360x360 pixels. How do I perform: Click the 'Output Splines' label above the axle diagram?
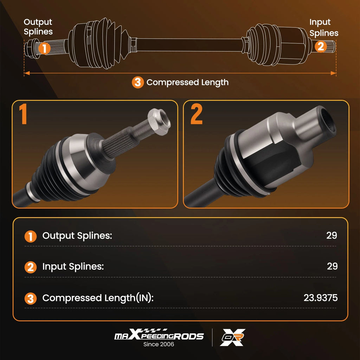38,27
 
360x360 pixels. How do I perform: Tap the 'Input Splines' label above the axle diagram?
324,28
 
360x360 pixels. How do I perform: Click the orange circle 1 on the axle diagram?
45,48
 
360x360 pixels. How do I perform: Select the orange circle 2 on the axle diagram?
321,46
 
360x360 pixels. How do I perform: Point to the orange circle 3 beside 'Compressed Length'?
138,82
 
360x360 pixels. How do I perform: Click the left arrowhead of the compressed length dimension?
27,73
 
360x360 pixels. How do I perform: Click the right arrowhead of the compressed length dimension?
333,73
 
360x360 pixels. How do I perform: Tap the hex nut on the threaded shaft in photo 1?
159,122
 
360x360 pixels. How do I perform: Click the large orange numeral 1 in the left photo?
23,114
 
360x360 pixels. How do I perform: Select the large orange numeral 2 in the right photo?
196,114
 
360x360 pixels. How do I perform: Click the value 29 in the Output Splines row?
332,235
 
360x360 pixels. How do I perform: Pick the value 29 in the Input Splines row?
332,266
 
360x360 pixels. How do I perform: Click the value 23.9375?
321,298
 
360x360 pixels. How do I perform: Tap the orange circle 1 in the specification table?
31,237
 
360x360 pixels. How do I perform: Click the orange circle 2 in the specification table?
31,267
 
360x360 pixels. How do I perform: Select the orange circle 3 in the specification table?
31,298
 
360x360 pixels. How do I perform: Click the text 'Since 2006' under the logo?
159,344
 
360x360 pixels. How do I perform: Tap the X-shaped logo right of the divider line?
233,337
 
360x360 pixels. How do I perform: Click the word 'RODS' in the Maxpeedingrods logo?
188,336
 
